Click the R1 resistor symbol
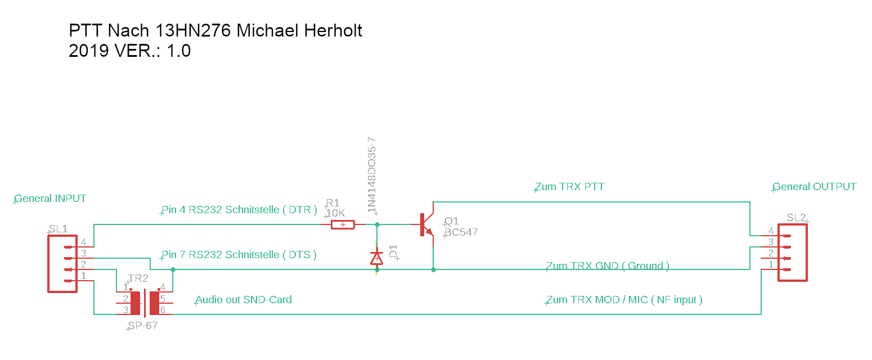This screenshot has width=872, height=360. (x=343, y=225)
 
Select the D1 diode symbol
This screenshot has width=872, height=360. (x=376, y=258)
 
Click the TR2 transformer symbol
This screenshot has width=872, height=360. (x=145, y=303)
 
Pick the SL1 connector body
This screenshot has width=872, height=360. (x=62, y=264)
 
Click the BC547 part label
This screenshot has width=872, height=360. (x=461, y=232)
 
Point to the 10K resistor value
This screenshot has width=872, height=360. (x=335, y=213)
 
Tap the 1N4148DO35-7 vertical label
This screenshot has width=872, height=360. (x=372, y=175)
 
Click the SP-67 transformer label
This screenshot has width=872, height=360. (x=142, y=326)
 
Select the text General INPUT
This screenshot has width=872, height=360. (x=51, y=199)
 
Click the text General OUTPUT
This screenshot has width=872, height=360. (x=815, y=187)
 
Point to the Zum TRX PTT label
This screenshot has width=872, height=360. (x=569, y=187)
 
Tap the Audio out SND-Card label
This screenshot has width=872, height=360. (x=244, y=300)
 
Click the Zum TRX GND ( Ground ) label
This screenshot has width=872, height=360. (x=608, y=266)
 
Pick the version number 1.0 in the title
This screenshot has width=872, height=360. (x=179, y=51)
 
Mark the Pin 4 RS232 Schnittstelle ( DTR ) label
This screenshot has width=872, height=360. (x=239, y=210)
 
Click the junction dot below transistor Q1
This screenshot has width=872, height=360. (x=433, y=270)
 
